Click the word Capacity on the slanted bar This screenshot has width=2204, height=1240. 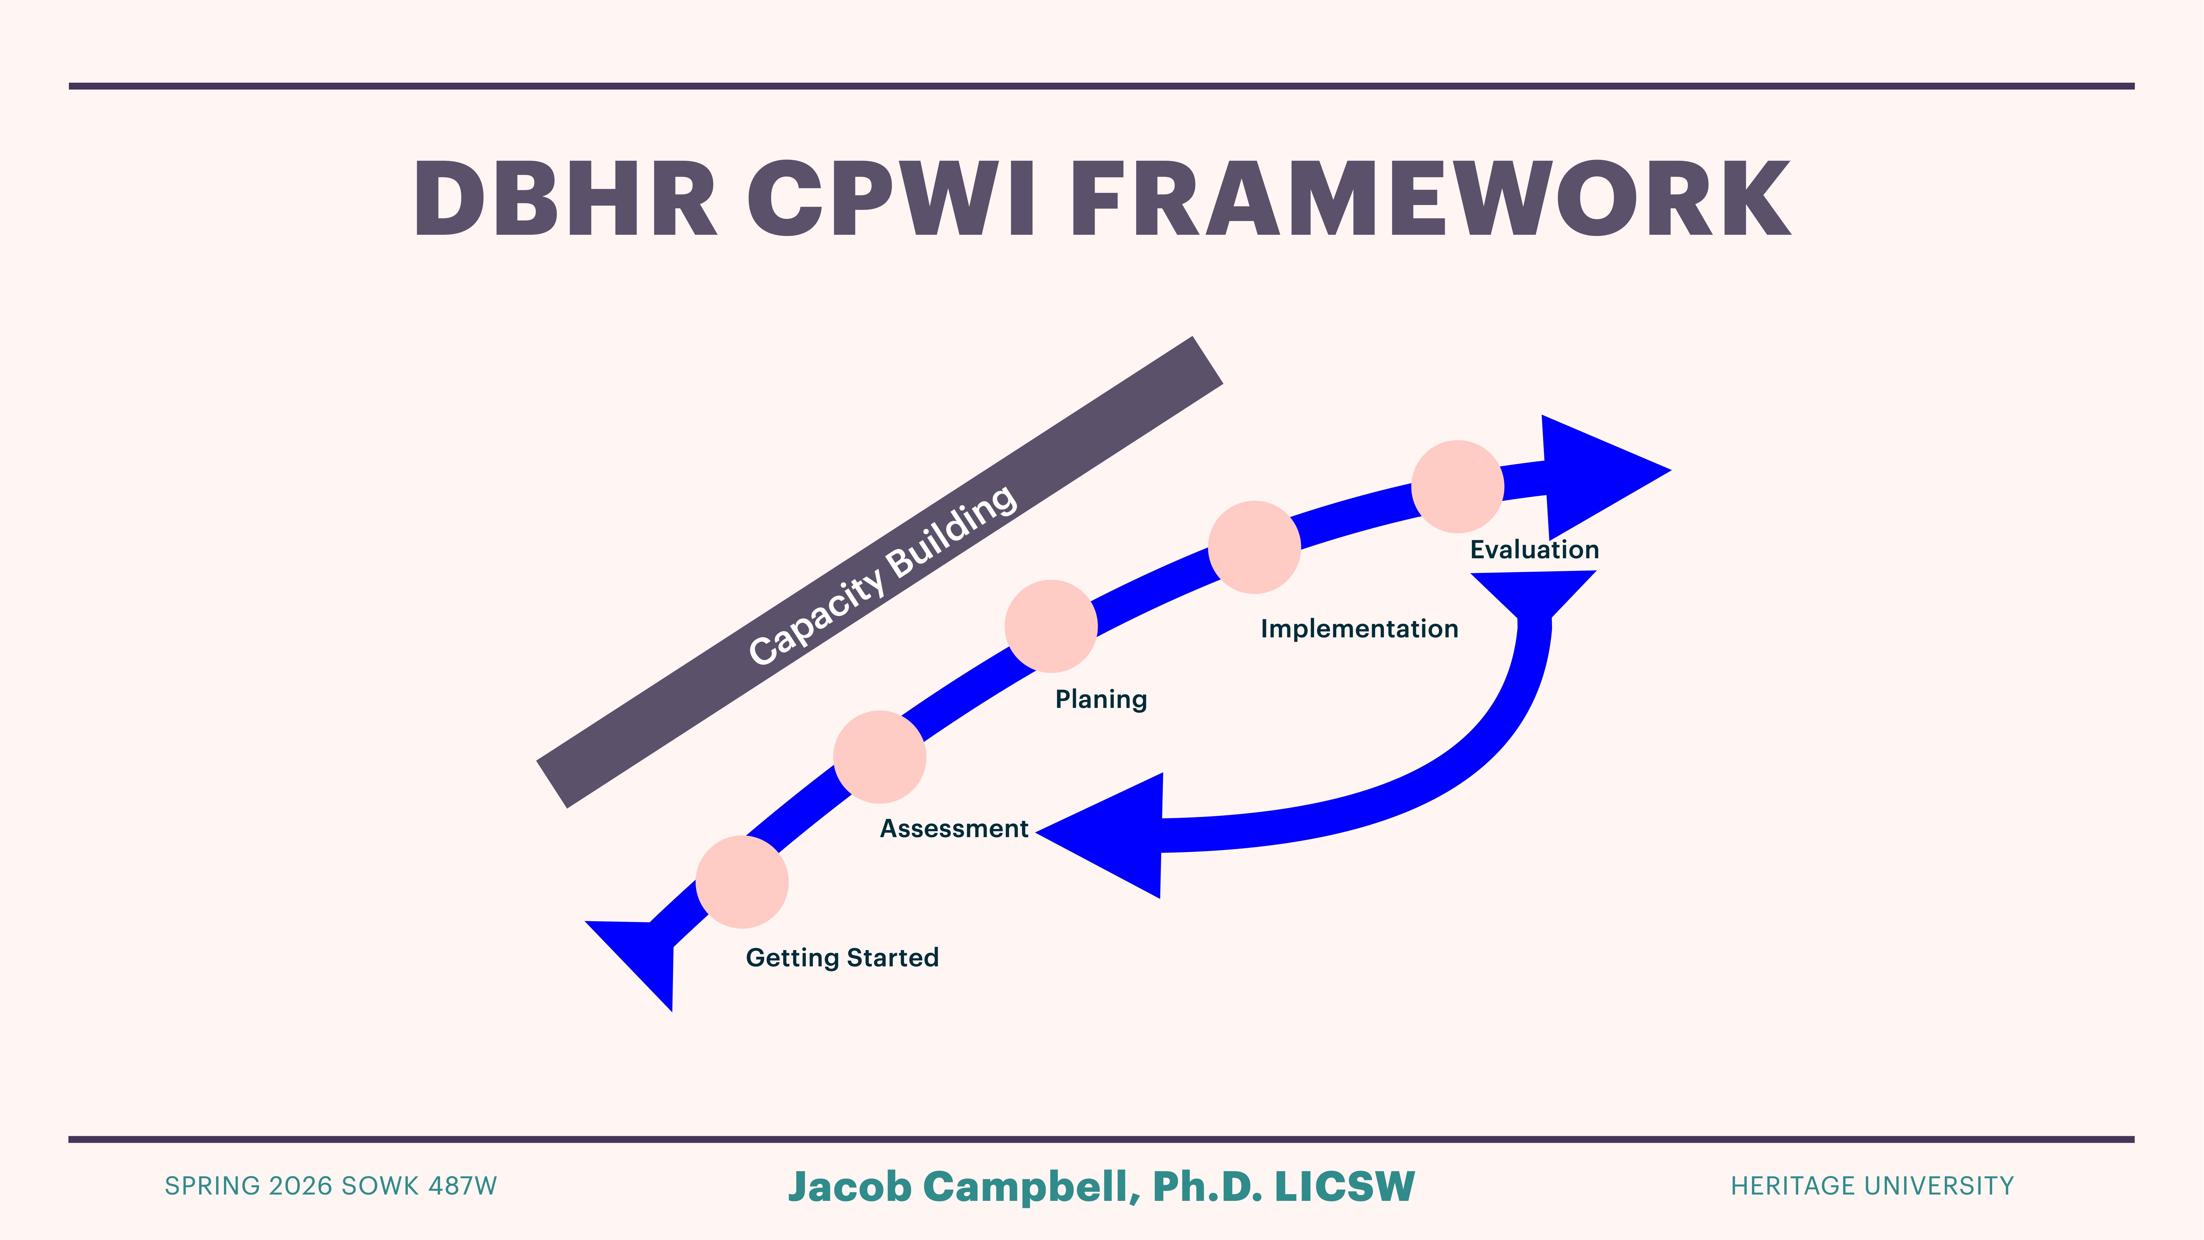click(x=815, y=614)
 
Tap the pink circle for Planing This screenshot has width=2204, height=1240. click(x=1051, y=626)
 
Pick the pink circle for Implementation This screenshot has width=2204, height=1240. click(x=1254, y=547)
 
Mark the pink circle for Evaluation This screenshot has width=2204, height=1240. click(x=1457, y=486)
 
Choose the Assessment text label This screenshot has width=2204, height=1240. click(x=954, y=828)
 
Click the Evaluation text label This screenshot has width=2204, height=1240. click(x=1534, y=549)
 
